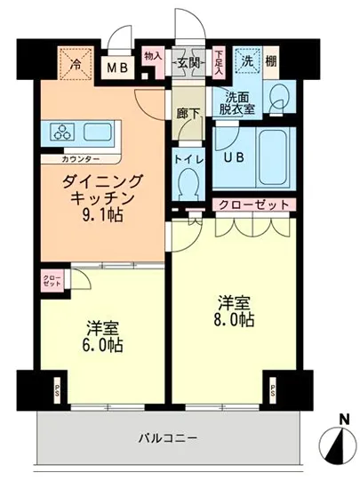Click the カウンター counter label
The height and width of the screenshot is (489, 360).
tap(81, 160)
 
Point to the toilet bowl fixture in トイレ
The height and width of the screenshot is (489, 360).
tap(188, 185)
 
